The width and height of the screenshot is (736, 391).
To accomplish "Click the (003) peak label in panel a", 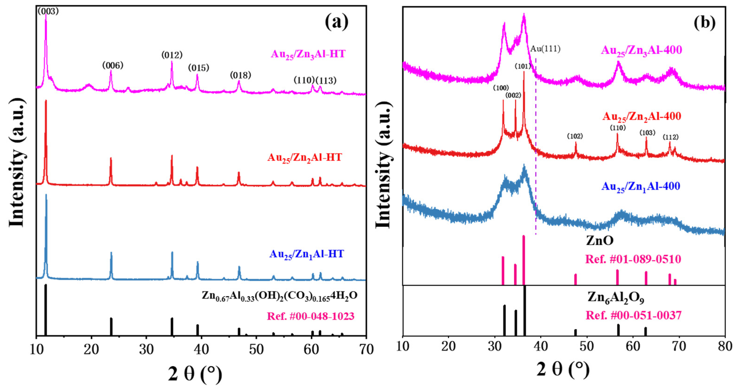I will point(48,11).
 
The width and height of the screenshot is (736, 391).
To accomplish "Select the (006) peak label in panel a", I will point(113,65).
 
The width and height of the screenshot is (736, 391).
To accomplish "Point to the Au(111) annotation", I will point(545,49).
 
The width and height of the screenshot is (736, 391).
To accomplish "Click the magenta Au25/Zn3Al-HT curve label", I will point(308,54).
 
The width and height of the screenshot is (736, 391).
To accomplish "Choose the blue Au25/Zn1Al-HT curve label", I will point(306,254).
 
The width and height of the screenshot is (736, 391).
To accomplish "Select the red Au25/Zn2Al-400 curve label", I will point(642,116).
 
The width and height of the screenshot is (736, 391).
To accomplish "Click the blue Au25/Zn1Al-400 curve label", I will point(641,186).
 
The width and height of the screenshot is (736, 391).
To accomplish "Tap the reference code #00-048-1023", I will point(311,316).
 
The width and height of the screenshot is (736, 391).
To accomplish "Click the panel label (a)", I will point(337,22).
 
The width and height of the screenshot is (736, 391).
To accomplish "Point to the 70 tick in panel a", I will point(366,349).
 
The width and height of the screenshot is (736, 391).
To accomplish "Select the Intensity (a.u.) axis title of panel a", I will point(17,163).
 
